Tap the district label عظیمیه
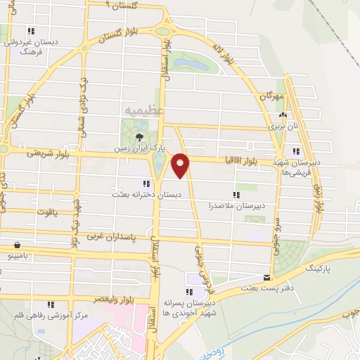point(143,110)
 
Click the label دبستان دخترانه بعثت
point(149,191)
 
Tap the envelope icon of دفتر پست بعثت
point(265,278)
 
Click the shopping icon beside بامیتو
point(16,245)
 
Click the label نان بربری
point(283,128)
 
